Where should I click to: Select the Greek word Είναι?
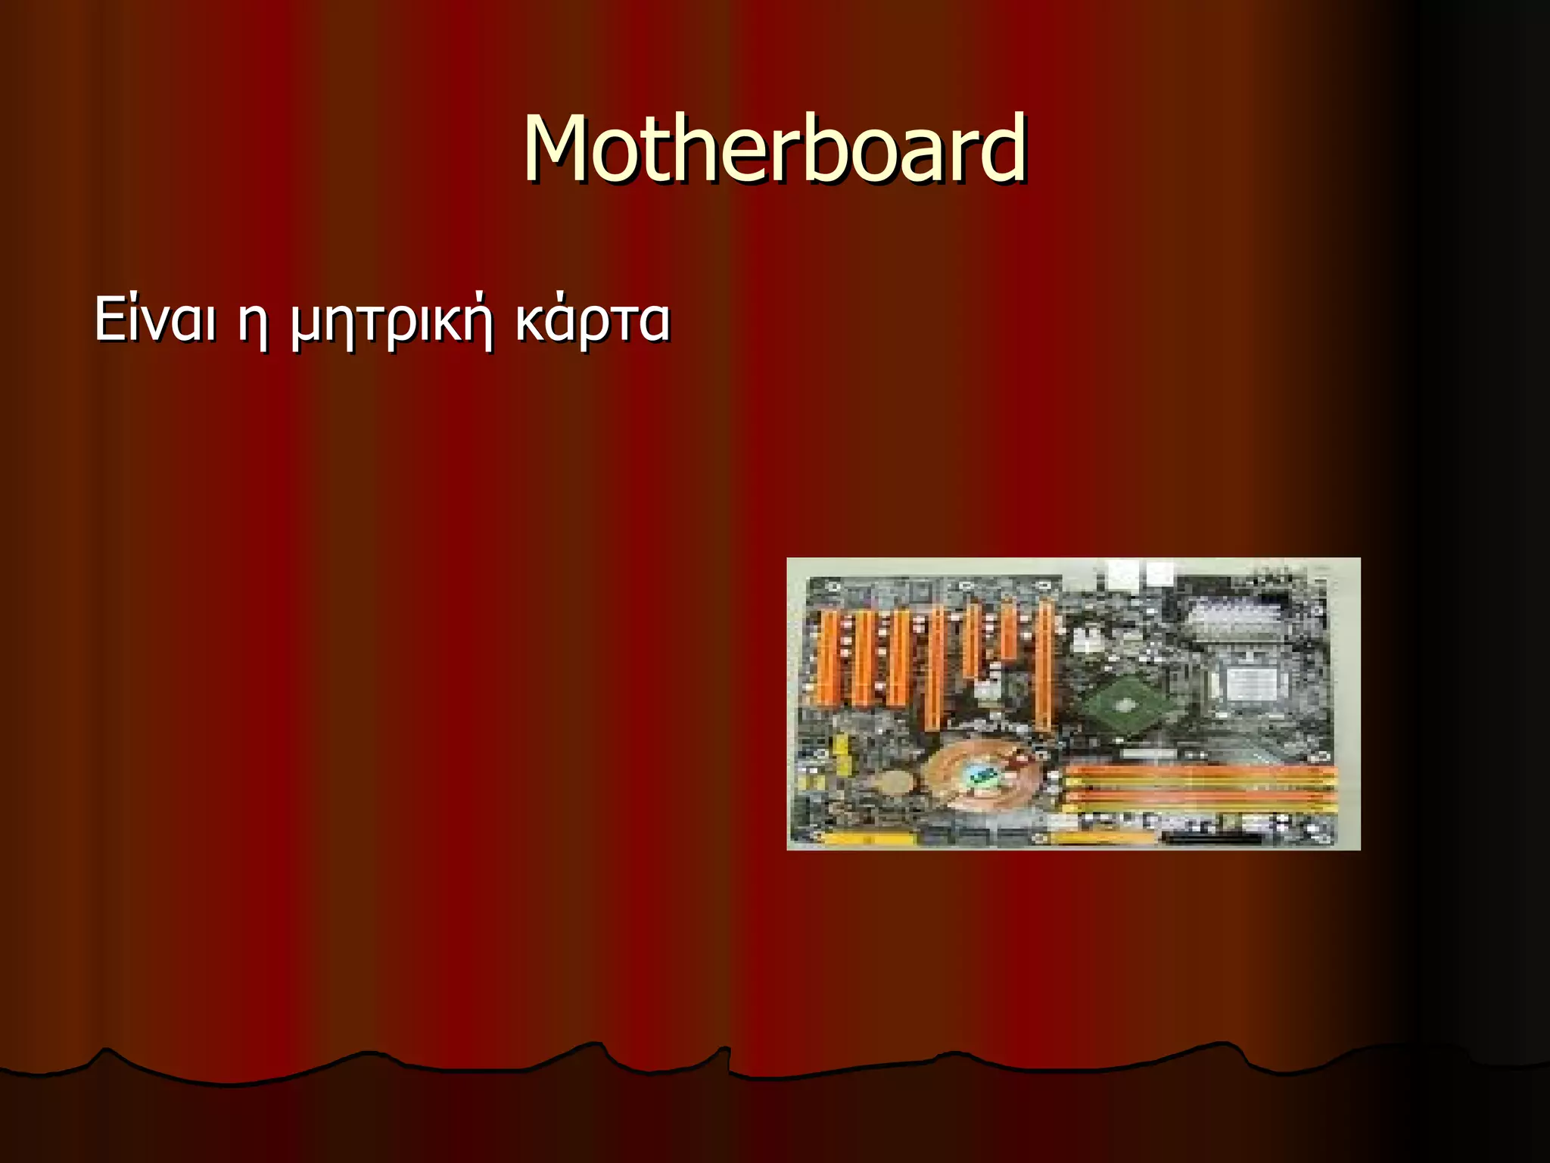(155, 319)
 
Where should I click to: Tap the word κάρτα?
(593, 322)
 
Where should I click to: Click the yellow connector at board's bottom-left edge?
(867, 839)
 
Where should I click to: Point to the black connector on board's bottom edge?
(1211, 839)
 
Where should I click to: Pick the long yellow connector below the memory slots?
(1105, 837)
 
